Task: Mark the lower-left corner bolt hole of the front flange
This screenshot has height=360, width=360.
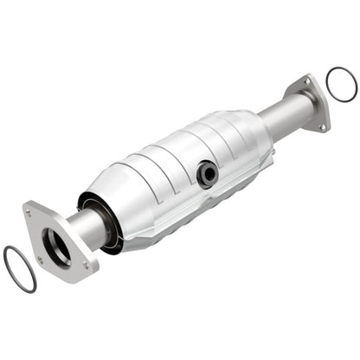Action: [x=39, y=259]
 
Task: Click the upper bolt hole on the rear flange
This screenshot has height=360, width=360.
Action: [x=304, y=82]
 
